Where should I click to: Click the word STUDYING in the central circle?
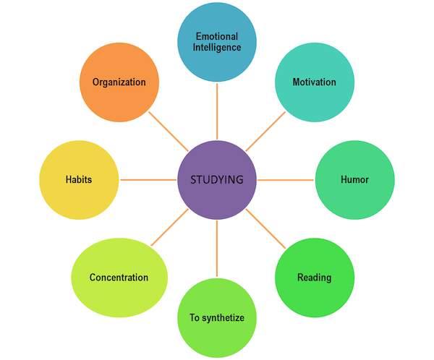pyautogui.click(x=217, y=179)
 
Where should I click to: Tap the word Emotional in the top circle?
pyautogui.click(x=217, y=38)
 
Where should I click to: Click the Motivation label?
pyautogui.click(x=314, y=82)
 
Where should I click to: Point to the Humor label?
pyautogui.click(x=354, y=179)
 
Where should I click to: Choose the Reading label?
pyautogui.click(x=314, y=277)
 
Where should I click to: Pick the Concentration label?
pyautogui.click(x=119, y=277)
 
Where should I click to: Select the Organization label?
pyautogui.click(x=119, y=82)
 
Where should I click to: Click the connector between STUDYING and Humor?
pyautogui.click(x=286, y=179)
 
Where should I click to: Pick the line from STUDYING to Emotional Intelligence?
pyautogui.click(x=217, y=108)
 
